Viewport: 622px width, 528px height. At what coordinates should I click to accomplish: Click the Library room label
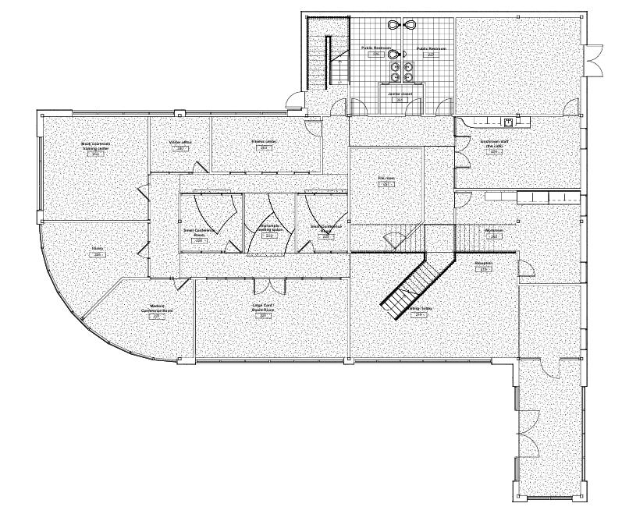coord(98,250)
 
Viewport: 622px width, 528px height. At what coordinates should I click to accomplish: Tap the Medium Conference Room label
coord(157,309)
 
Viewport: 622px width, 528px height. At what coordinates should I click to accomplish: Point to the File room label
coord(386,179)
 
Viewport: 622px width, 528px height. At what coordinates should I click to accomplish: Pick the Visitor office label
coord(180,144)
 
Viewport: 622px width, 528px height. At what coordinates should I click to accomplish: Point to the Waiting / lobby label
coord(421,310)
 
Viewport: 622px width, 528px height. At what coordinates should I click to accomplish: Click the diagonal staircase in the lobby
coord(414,282)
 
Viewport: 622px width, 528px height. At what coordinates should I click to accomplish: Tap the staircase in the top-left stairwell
coord(322,55)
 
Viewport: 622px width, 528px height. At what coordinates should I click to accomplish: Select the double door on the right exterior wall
coord(595,60)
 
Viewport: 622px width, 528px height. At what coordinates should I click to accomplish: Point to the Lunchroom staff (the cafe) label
coord(493,146)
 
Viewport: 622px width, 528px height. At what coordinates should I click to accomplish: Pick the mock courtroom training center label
coord(95,147)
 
